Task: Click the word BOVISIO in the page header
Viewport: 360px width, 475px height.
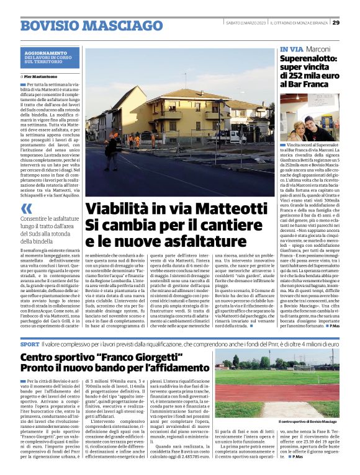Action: pos(49,26)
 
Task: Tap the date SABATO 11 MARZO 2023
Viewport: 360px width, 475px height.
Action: pos(246,23)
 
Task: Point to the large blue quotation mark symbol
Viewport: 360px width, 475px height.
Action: pos(26,209)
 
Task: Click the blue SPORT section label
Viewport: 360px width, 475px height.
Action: pos(29,344)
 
